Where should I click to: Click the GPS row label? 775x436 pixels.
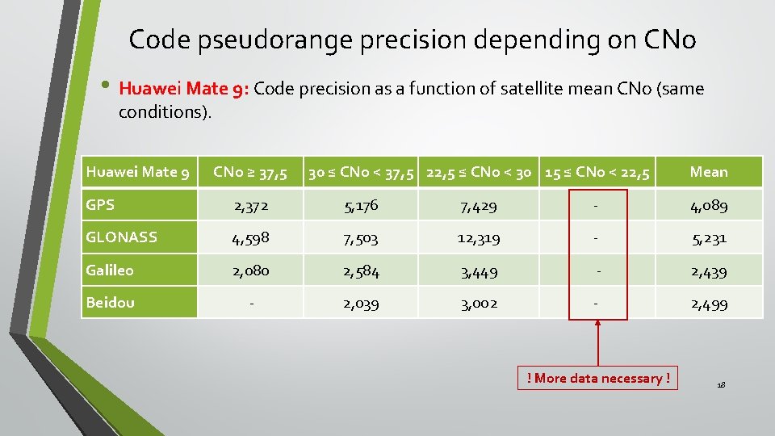[100, 205]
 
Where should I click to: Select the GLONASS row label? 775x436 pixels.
[121, 237]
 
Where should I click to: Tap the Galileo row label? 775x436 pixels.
[110, 270]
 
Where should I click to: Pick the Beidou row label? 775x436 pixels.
[110, 303]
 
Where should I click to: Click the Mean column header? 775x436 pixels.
[709, 172]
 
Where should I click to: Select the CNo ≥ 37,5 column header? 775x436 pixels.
[249, 172]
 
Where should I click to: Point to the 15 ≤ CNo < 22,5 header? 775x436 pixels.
[597, 172]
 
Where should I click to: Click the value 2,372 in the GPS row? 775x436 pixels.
[252, 206]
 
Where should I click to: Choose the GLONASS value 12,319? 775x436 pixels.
[479, 239]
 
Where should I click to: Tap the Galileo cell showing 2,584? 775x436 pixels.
[361, 271]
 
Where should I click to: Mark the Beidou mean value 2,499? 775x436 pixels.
[709, 304]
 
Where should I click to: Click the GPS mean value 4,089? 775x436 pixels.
[709, 206]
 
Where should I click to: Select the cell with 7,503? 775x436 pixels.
[361, 239]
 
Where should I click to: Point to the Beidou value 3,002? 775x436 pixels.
[479, 304]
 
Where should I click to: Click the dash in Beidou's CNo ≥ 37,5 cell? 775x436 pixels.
[252, 304]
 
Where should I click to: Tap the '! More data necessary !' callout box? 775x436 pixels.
[598, 378]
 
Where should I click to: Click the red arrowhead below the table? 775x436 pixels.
[597, 324]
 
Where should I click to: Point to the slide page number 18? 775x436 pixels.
[721, 385]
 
